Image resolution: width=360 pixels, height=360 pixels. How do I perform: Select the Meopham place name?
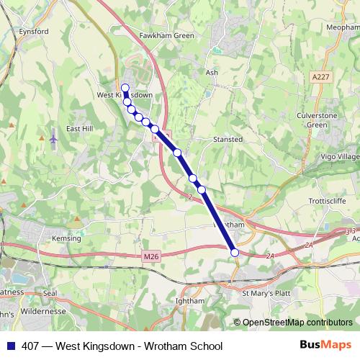[x=343, y=27]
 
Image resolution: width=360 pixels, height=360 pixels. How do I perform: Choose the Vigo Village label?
[x=339, y=156]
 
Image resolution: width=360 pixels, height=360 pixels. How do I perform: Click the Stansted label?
[x=228, y=139]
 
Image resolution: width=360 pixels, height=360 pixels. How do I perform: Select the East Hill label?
[x=79, y=129]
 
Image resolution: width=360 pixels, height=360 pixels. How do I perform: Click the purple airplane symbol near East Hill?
[x=54, y=137]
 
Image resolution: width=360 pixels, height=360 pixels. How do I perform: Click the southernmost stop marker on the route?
[x=234, y=252]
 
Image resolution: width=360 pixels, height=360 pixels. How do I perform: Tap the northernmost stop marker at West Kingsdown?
[x=125, y=88]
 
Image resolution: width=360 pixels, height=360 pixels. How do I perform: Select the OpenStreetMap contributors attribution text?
[x=297, y=323]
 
